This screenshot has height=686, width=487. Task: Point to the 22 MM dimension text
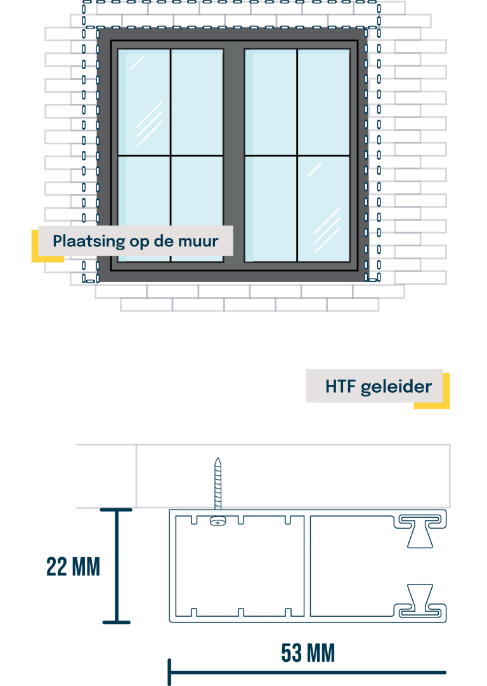coord(73,567)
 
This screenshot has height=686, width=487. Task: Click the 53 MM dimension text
coord(308,653)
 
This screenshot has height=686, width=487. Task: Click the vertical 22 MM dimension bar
coord(117,565)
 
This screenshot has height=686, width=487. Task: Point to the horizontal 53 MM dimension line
coord(308,672)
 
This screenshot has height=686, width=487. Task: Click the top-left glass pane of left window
coord(145,102)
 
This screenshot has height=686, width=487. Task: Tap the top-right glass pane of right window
coord(323,102)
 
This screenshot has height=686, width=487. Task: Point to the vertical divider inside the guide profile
coord(307,565)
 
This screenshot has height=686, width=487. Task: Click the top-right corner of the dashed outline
coord(378,3)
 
